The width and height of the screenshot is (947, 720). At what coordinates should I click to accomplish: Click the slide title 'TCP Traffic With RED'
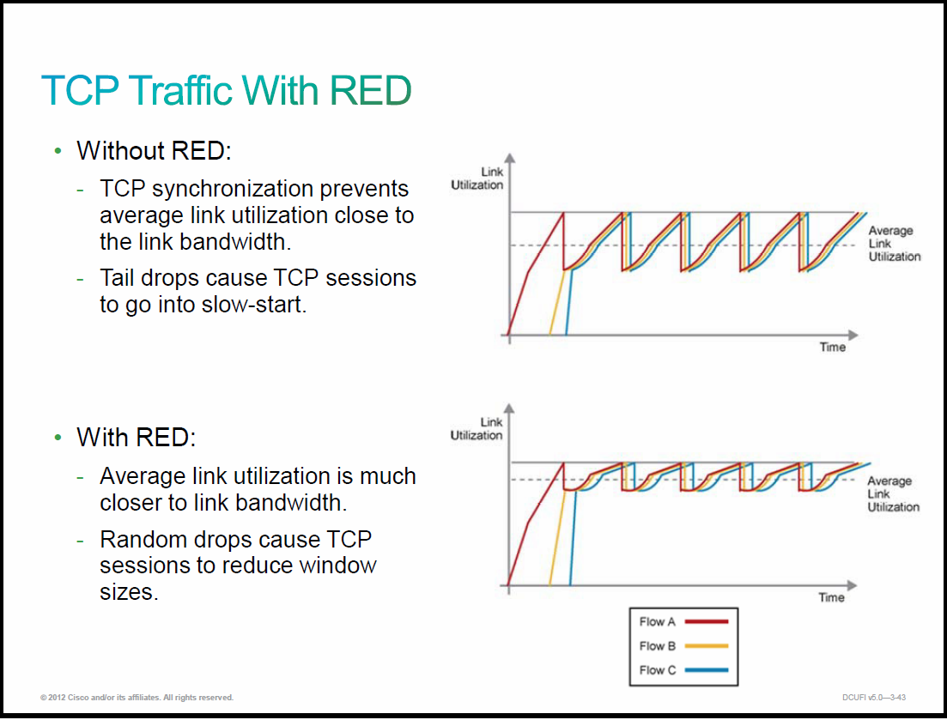pyautogui.click(x=227, y=90)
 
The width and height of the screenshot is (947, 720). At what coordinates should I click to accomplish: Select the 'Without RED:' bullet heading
pyautogui.click(x=154, y=151)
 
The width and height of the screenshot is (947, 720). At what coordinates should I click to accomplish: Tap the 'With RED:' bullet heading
pyautogui.click(x=137, y=438)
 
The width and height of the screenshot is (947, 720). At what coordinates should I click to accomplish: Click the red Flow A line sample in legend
pyautogui.click(x=706, y=621)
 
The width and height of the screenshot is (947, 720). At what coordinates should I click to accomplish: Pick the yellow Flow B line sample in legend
pyautogui.click(x=706, y=645)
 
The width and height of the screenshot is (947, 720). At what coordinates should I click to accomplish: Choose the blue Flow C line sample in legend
pyautogui.click(x=706, y=670)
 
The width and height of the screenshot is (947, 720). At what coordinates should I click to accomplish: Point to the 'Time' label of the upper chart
pyautogui.click(x=832, y=347)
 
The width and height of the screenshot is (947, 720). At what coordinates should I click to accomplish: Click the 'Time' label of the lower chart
pyautogui.click(x=831, y=597)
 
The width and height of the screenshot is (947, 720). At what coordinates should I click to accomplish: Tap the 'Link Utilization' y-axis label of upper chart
pyautogui.click(x=477, y=178)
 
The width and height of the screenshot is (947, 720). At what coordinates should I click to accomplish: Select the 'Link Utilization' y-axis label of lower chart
pyautogui.click(x=477, y=429)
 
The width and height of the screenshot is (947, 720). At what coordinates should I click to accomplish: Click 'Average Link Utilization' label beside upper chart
pyautogui.click(x=895, y=243)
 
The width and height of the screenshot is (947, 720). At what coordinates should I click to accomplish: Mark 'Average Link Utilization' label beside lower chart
pyautogui.click(x=893, y=493)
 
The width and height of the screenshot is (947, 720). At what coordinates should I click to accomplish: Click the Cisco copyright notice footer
pyautogui.click(x=137, y=698)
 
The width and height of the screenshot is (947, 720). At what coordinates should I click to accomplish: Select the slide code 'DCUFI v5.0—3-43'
pyautogui.click(x=874, y=698)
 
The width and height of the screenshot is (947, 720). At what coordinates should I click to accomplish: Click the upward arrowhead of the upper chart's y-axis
pyautogui.click(x=510, y=158)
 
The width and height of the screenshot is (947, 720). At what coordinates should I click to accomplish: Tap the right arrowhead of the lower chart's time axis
pyautogui.click(x=853, y=585)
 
